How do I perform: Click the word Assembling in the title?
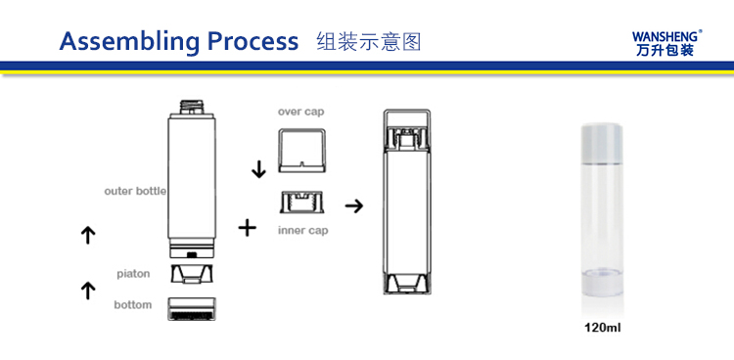128,41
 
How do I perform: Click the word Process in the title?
252,41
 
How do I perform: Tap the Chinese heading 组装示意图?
369,41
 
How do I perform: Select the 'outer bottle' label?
135,191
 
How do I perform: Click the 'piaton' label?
133,274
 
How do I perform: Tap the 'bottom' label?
133,305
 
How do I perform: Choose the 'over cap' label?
300,112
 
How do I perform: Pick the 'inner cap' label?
302,231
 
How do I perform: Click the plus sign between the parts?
248,228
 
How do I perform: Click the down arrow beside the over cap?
258,169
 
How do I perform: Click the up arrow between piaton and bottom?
87,291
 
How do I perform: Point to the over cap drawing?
301,151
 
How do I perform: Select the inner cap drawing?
301,203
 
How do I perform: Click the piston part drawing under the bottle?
192,275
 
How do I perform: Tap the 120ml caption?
603,328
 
